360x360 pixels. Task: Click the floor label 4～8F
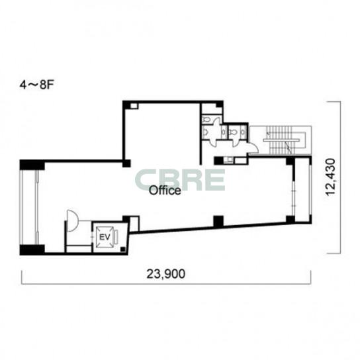tap(37, 85)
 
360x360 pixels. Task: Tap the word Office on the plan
tap(165, 191)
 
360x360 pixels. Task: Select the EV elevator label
tap(105, 237)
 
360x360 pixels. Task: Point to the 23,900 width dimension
tap(165, 274)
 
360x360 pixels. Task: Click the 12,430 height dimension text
tap(331, 177)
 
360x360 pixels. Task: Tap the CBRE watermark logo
tap(180, 180)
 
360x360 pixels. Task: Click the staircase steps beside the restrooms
tap(281, 140)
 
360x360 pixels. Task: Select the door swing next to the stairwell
tap(254, 148)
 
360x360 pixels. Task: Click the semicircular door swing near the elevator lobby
tap(73, 220)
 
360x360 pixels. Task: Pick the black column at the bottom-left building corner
tap(32, 249)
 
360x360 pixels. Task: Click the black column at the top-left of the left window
tap(32, 165)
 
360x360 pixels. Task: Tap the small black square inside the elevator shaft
tap(123, 249)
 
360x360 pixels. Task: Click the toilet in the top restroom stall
tap(206, 120)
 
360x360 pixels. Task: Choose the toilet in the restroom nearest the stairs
tap(232, 132)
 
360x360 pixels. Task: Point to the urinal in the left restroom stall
tap(206, 132)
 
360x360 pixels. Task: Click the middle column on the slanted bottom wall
tap(218, 221)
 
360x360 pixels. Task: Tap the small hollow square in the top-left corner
tap(134, 106)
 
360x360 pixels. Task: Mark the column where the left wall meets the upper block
tap(126, 163)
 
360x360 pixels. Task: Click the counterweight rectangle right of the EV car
tap(116, 237)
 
